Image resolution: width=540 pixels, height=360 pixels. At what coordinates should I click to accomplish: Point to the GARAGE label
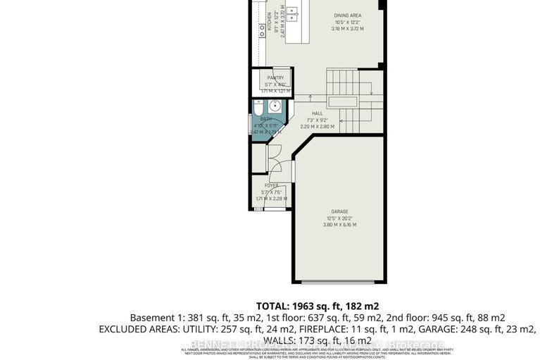point(340,211)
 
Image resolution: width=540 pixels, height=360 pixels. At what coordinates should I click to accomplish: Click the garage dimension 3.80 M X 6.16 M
point(340,225)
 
